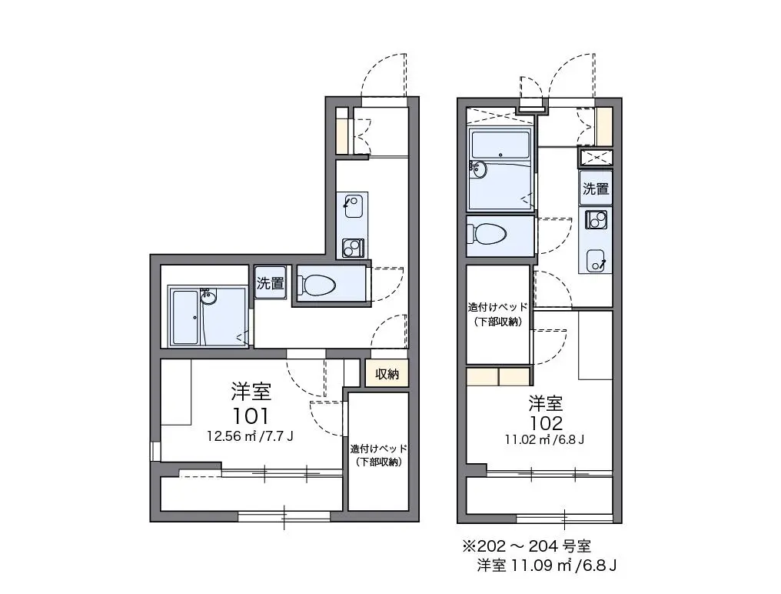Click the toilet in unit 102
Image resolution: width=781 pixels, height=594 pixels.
pyautogui.click(x=486, y=233)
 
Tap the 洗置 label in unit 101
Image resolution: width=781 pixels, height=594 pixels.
pyautogui.click(x=271, y=283)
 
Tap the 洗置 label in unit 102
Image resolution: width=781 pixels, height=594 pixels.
pyautogui.click(x=596, y=189)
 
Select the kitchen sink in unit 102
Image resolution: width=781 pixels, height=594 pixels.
pyautogui.click(x=596, y=260)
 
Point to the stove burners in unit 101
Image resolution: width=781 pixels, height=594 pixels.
pyautogui.click(x=353, y=248)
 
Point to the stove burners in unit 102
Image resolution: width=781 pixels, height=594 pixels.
pyautogui.click(x=596, y=219)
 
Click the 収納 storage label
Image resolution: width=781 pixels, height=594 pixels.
pyautogui.click(x=387, y=373)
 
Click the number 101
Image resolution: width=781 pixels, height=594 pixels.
pyautogui.click(x=251, y=415)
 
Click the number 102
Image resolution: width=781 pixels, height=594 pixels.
pyautogui.click(x=547, y=423)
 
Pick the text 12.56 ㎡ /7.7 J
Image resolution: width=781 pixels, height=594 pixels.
pyautogui.click(x=250, y=436)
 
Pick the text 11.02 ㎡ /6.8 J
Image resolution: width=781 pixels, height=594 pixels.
pyautogui.click(x=544, y=439)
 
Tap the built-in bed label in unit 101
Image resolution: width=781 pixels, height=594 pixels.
pyautogui.click(x=378, y=456)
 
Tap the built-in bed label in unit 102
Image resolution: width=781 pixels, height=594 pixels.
pyautogui.click(x=497, y=314)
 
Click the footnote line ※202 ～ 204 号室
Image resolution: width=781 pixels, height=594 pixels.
pyautogui.click(x=527, y=546)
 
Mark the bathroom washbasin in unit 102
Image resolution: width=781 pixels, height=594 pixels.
pyautogui.click(x=479, y=169)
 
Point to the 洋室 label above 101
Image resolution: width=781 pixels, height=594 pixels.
pyautogui.click(x=251, y=392)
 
